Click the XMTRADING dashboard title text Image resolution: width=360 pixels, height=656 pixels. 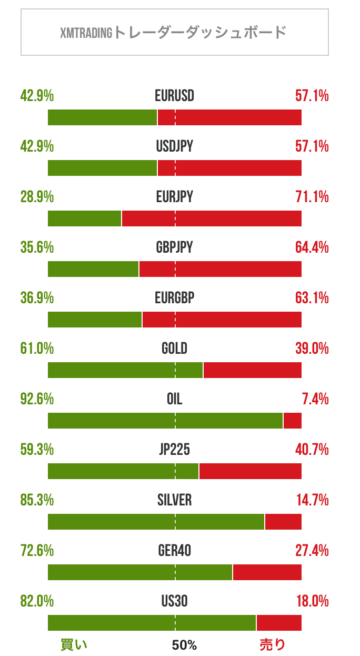pyautogui.click(x=174, y=33)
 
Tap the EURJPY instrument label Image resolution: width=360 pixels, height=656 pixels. pyautogui.click(x=174, y=197)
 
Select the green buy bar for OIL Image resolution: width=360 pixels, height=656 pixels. pyautogui.click(x=165, y=421)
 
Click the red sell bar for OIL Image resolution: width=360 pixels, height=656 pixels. pyautogui.click(x=293, y=421)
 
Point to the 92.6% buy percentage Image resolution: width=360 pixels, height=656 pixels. pyautogui.click(x=37, y=399)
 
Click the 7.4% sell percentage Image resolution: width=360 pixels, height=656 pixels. pyautogui.click(x=316, y=399)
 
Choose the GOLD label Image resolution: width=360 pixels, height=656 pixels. pyautogui.click(x=174, y=349)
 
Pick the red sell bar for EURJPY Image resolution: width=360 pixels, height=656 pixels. pyautogui.click(x=212, y=218)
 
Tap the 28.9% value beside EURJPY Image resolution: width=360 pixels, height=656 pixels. pyautogui.click(x=37, y=197)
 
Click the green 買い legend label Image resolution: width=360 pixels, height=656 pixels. pyautogui.click(x=74, y=644)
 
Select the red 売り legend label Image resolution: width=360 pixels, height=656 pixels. pyautogui.click(x=272, y=644)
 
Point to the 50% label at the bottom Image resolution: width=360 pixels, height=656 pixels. pyautogui.click(x=184, y=645)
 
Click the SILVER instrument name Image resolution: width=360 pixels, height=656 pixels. pyautogui.click(x=174, y=500)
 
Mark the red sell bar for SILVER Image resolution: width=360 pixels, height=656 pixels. pyautogui.click(x=283, y=522)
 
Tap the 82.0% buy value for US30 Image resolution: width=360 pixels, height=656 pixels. pyautogui.click(x=37, y=601)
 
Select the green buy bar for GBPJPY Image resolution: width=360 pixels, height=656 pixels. pyautogui.click(x=93, y=269)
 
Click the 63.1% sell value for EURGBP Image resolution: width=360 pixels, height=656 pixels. pyautogui.click(x=312, y=298)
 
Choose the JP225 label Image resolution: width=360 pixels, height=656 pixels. pyautogui.click(x=174, y=450)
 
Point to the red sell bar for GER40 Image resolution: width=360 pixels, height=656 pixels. pyautogui.click(x=267, y=572)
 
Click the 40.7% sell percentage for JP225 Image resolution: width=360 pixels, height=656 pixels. pyautogui.click(x=312, y=450)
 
